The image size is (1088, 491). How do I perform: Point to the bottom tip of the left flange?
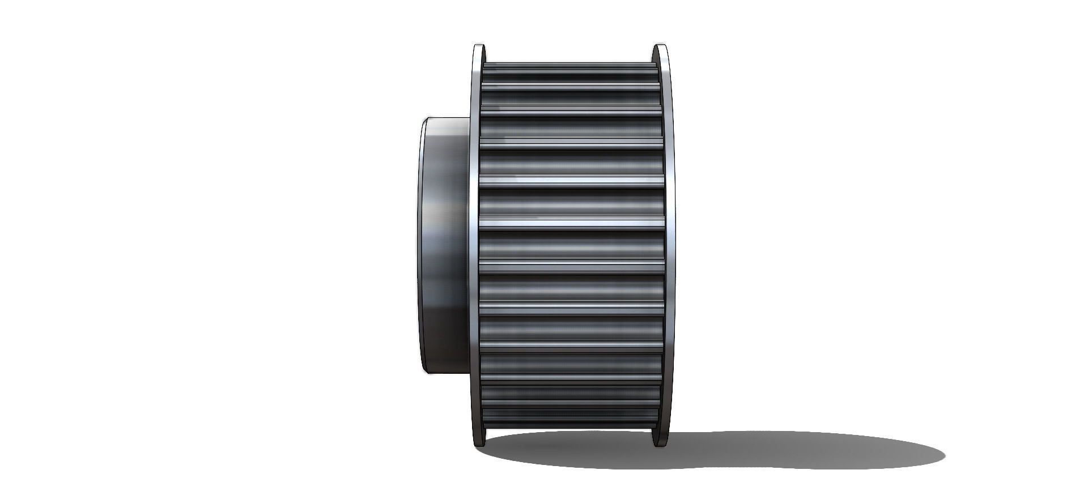(479, 445)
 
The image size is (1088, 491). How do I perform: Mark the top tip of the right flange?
(658, 45)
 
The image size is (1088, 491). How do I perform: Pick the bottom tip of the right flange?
(658, 445)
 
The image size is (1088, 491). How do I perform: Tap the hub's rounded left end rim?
(422, 244)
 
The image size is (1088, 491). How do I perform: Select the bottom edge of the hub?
(448, 372)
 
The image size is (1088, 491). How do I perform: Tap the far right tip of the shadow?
(944, 451)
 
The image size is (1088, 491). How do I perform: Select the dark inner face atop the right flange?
(655, 57)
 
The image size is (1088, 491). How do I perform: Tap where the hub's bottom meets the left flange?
(469, 372)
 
